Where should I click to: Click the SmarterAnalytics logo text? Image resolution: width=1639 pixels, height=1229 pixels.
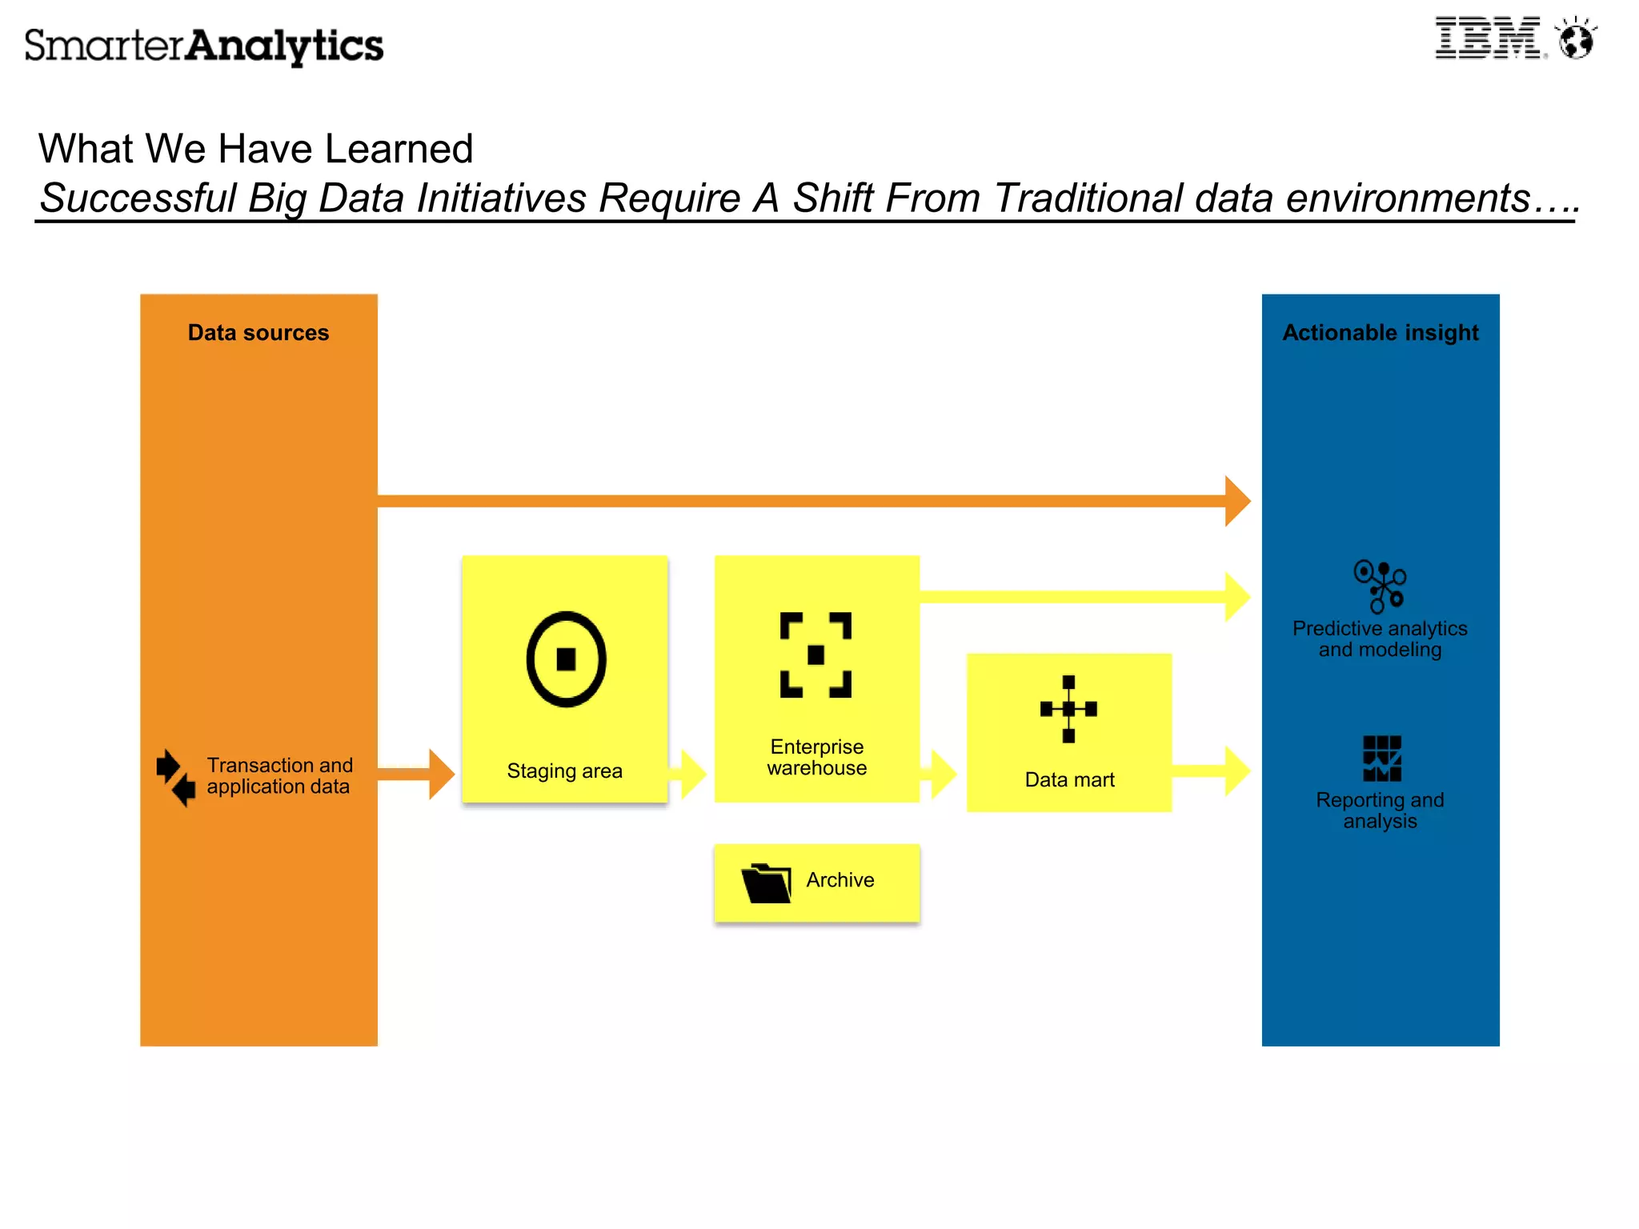[204, 46]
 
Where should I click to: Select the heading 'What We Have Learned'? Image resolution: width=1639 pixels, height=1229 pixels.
[255, 149]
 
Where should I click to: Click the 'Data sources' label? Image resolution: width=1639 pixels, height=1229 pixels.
[258, 333]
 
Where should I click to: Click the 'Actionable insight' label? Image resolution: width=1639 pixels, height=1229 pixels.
[1380, 333]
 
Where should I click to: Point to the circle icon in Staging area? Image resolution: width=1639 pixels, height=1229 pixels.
[566, 659]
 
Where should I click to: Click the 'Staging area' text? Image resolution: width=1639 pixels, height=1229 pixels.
[564, 771]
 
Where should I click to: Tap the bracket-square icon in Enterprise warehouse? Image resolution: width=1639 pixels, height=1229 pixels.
[815, 655]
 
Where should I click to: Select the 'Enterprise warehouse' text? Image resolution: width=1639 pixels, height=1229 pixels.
[816, 758]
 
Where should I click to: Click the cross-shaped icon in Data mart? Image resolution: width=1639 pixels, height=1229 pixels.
[1068, 709]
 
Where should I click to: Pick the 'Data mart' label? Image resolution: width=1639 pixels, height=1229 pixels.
[1069, 780]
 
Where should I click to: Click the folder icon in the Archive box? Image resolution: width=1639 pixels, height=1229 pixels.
[766, 883]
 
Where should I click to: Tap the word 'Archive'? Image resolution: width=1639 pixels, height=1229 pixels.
[840, 880]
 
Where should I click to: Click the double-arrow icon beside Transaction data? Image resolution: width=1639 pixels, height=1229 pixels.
[175, 777]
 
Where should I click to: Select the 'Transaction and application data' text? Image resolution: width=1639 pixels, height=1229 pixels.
[279, 776]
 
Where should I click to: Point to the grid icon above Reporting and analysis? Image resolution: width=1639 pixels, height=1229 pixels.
[1381, 758]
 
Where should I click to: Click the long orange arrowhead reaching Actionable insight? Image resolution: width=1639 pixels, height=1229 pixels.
[1236, 501]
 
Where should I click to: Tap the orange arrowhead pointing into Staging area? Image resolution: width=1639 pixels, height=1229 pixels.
[440, 774]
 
